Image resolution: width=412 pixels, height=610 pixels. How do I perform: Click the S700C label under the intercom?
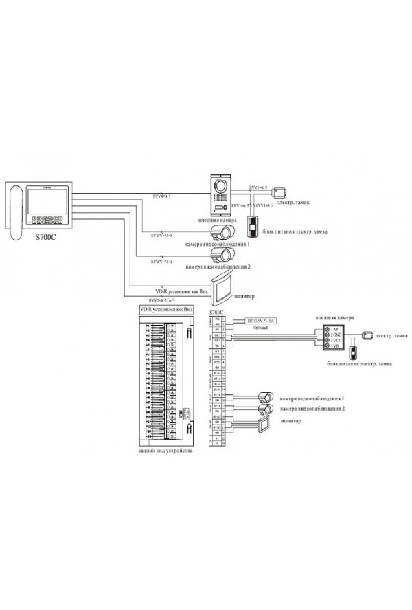43,234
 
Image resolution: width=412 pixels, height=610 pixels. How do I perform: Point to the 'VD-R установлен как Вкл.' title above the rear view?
166,310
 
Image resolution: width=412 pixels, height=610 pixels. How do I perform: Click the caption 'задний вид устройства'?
165,453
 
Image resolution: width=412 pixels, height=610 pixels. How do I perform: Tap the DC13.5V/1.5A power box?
260,321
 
